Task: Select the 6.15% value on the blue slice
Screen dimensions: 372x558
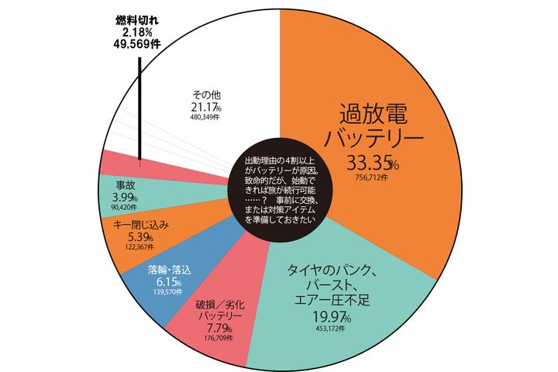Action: (164, 284)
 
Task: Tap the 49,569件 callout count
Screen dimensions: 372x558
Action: (138, 45)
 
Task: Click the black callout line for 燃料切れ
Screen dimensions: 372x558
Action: (139, 108)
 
